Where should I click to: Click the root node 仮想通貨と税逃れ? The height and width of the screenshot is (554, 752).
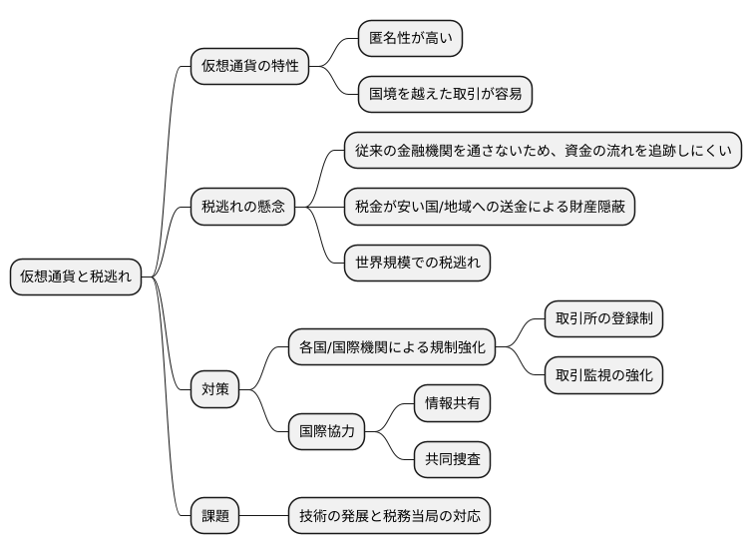(x=76, y=277)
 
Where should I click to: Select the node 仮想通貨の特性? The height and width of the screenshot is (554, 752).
(x=249, y=66)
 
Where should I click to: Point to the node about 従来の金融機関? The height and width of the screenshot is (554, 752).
(x=544, y=151)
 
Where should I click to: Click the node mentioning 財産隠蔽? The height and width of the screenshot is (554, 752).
(x=490, y=207)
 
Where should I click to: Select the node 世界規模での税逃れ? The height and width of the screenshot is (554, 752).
(x=417, y=263)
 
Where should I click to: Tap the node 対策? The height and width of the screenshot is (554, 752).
(x=215, y=389)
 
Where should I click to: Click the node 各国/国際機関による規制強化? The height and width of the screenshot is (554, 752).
(x=392, y=347)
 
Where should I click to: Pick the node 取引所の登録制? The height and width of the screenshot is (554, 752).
(x=603, y=319)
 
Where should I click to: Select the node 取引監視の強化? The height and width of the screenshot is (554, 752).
(x=603, y=375)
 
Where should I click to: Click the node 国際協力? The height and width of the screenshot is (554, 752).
(x=326, y=432)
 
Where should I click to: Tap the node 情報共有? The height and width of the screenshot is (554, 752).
(x=453, y=403)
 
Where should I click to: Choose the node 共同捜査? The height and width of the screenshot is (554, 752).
(x=453, y=460)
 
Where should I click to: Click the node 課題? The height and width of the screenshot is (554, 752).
(x=215, y=516)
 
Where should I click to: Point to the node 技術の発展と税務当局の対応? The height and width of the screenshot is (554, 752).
(x=389, y=516)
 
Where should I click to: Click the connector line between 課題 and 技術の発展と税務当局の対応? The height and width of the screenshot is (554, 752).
(x=264, y=516)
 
